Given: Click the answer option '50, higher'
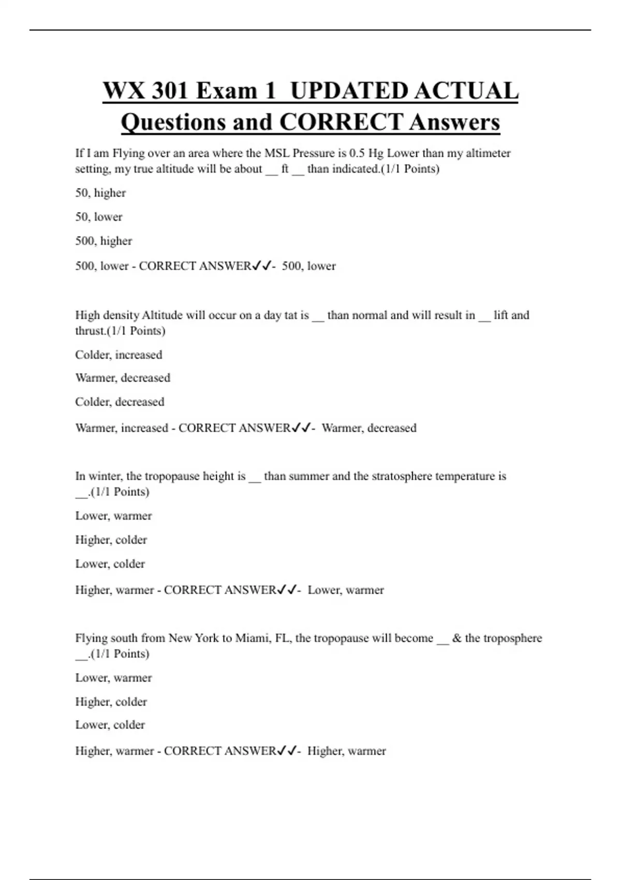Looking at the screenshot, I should (x=100, y=193).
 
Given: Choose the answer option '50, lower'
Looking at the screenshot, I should (x=99, y=217).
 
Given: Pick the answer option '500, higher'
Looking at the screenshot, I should (x=103, y=241).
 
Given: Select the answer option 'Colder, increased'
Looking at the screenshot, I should (x=119, y=355).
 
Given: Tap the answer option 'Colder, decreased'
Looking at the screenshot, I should (x=120, y=402).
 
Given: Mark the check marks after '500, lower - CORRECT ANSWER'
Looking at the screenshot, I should (x=261, y=266).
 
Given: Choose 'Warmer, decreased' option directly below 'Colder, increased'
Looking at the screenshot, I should (x=123, y=378).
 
